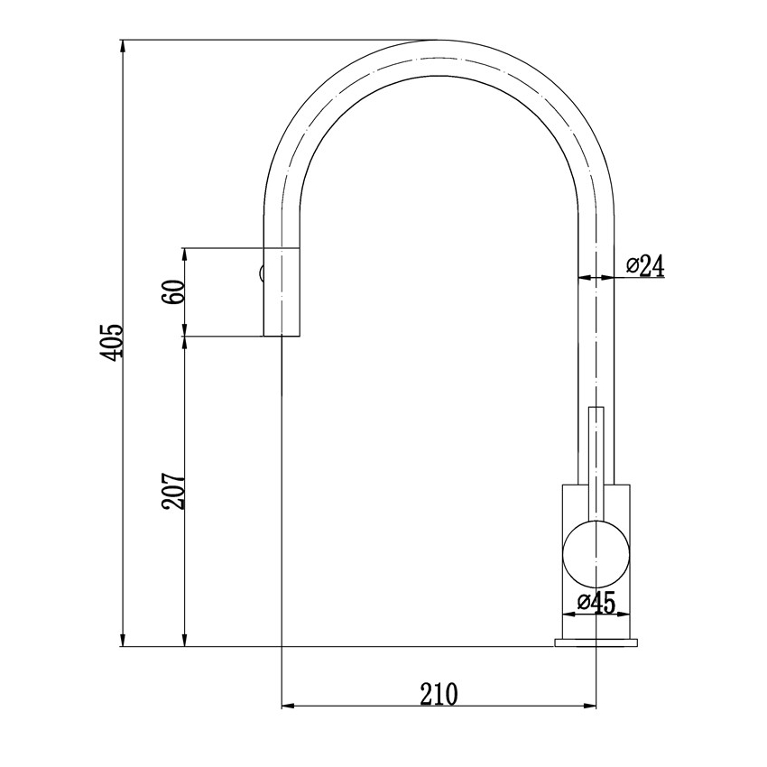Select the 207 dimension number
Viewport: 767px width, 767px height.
pyautogui.click(x=173, y=491)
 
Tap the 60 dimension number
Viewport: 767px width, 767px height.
pyautogui.click(x=175, y=291)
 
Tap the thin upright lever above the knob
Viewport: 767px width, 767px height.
pyautogui.click(x=596, y=451)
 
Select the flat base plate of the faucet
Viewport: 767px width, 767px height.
pyautogui.click(x=596, y=642)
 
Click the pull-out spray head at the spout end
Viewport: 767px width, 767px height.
pyautogui.click(x=281, y=291)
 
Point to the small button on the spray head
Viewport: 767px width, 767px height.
pyautogui.click(x=260, y=273)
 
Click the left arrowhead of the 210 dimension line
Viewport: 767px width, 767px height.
pyautogui.click(x=288, y=705)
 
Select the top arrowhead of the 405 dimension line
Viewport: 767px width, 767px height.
pyautogui.click(x=123, y=45)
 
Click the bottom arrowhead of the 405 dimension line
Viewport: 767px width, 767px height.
pyautogui.click(x=123, y=642)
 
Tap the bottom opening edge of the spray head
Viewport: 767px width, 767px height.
pyautogui.click(x=281, y=337)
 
